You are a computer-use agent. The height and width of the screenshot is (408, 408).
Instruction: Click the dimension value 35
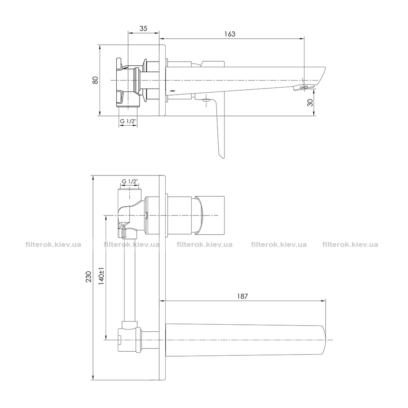pos(143,29)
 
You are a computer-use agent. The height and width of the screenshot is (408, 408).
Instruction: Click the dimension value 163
pos(230,34)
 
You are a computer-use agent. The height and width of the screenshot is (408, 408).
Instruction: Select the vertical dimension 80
pos(95,80)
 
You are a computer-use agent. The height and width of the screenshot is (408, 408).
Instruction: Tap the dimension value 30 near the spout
pos(310,103)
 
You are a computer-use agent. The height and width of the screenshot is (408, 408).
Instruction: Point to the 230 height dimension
pos(89,277)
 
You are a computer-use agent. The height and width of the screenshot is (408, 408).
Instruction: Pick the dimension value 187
pos(242,296)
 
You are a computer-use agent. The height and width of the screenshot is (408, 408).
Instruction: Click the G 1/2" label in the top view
pos(128,121)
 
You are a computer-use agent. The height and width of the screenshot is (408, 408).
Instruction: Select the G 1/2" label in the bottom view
pos(129,182)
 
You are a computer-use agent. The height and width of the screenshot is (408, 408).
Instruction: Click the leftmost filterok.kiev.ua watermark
pos(53,244)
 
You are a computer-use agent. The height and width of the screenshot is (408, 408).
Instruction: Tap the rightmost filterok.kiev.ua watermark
pos(350,244)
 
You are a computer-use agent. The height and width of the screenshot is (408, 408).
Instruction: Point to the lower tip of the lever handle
pos(222,157)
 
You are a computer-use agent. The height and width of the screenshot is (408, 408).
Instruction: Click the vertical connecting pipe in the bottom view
pos(130,280)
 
